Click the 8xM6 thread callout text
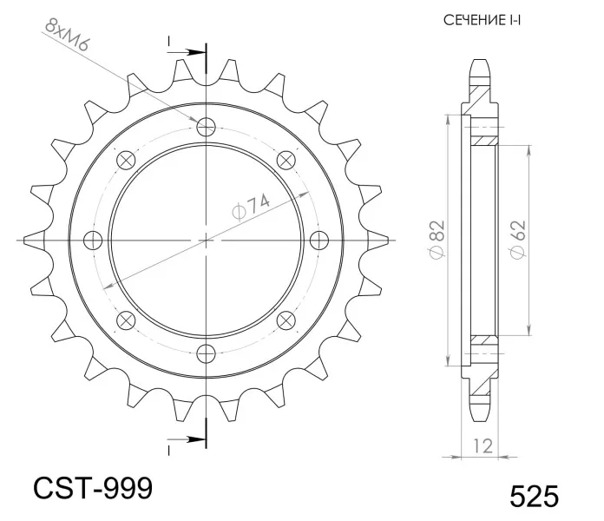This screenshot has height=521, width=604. point(66,35)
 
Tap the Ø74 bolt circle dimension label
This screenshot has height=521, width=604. point(251,208)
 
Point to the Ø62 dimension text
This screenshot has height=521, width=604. point(517,240)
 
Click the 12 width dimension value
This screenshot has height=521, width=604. point(483,446)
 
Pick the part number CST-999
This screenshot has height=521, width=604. point(93,488)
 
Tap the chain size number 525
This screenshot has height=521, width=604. point(534,497)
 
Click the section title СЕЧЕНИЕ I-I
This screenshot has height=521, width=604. point(482,20)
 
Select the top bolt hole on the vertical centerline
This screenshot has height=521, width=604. point(206,127)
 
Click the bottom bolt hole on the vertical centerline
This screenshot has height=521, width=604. point(206,353)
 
